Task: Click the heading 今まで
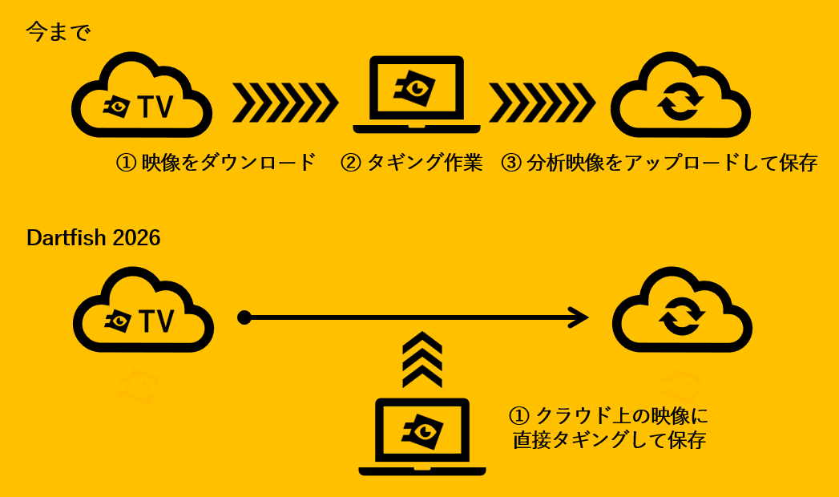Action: click(58, 32)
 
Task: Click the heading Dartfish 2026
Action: click(94, 238)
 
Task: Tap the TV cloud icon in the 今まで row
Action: click(142, 95)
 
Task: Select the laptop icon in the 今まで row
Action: click(416, 95)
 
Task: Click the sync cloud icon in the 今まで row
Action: click(680, 95)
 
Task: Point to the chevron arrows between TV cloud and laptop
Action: click(285, 102)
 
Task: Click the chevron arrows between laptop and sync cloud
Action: click(542, 102)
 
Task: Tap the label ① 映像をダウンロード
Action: click(216, 162)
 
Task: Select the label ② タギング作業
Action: click(411, 162)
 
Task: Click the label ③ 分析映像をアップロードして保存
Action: click(660, 162)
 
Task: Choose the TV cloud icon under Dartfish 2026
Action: click(143, 309)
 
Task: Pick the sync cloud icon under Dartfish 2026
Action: click(682, 309)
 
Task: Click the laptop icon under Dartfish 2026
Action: click(422, 437)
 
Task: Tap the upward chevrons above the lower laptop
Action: click(422, 359)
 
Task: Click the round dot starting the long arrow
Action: click(244, 317)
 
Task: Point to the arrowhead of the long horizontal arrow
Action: click(579, 317)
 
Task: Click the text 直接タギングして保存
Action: click(610, 440)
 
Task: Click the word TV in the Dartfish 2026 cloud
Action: click(157, 321)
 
